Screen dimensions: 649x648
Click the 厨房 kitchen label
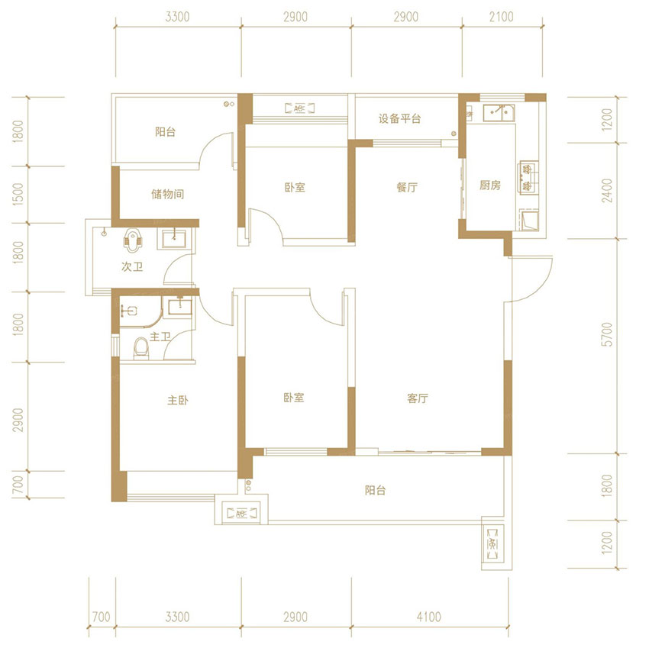coord(490,185)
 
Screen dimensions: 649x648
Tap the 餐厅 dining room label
coord(407,188)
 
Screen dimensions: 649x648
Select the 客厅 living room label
coord(417,398)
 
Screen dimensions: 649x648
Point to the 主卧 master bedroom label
coord(178,400)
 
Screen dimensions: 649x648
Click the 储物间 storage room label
coord(168,194)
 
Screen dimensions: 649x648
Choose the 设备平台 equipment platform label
coord(399,119)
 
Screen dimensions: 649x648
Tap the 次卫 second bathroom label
coord(132,267)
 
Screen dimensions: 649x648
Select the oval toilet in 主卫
coord(141,348)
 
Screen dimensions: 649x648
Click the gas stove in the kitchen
coord(528,178)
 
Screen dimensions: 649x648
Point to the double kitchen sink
coord(499,112)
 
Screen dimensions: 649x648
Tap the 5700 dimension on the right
coord(607,335)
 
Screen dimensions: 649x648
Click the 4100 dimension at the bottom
coord(429,617)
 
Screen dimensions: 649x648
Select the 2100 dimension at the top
coord(501,17)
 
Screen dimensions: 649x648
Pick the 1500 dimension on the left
coord(18,195)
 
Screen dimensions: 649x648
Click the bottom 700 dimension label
coord(101,617)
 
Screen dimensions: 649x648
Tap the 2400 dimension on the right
coord(607,191)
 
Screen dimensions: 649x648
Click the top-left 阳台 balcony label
coord(165,132)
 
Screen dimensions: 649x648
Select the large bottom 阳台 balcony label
coord(376,490)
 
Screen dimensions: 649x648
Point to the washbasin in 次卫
coord(174,239)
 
